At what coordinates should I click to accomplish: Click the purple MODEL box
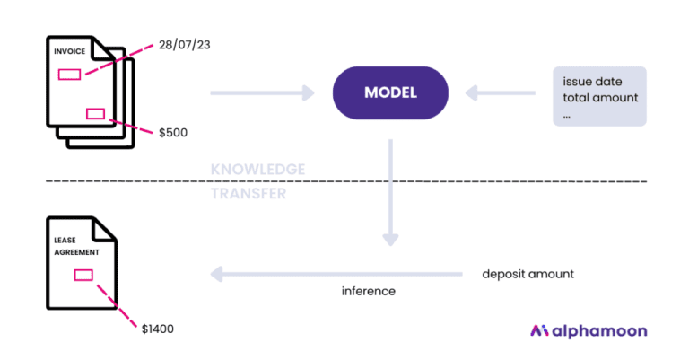390,92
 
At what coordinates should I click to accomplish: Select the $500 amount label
173,132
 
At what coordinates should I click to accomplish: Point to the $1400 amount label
158,329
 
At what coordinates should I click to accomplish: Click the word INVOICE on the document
70,52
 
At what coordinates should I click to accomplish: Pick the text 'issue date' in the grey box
592,81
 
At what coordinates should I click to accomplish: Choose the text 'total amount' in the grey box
598,97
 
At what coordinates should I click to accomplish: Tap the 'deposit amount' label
528,273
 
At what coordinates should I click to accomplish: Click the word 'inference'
369,291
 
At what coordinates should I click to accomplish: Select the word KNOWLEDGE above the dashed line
257,169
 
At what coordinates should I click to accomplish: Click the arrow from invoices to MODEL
262,92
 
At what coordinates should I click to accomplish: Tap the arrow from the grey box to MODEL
501,92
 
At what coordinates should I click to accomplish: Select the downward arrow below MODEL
390,193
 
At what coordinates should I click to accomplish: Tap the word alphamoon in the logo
601,330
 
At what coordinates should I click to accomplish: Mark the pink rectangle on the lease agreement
84,275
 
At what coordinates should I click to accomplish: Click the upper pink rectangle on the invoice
70,74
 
